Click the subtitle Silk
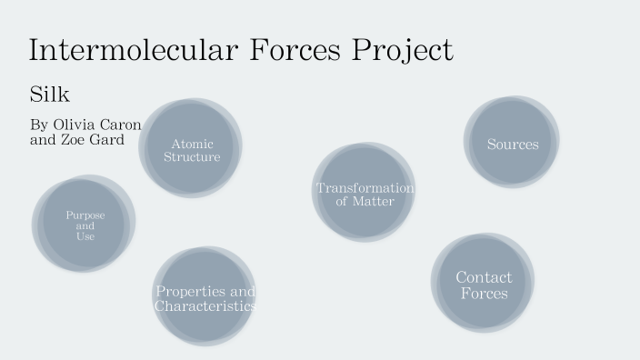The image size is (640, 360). click(49, 94)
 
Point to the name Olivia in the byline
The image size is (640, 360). click(74, 125)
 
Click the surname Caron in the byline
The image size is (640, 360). click(122, 125)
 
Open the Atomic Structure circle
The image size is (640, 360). click(191, 148)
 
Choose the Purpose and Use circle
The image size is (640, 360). click(84, 225)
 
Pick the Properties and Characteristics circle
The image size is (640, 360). click(204, 297)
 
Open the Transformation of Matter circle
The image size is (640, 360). click(364, 194)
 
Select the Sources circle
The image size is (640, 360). click(512, 143)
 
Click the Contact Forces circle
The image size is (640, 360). click(483, 284)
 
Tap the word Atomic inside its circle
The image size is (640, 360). click(192, 144)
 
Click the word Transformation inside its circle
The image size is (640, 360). click(365, 188)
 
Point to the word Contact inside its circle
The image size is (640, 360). click(484, 276)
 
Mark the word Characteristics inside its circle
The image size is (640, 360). click(205, 306)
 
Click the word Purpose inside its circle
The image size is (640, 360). click(85, 215)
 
